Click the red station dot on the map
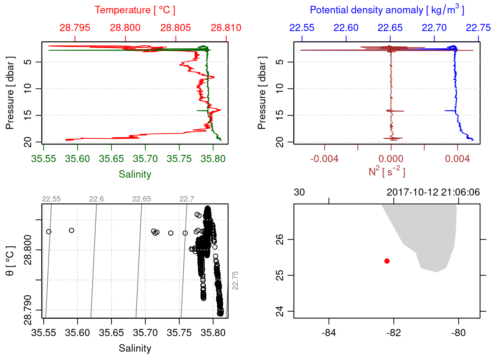click(x=387, y=261)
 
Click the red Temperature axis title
click(x=135, y=10)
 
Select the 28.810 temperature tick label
click(x=226, y=28)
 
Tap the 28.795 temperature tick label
click(x=75, y=28)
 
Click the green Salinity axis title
click(x=135, y=174)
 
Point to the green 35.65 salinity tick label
click(x=111, y=159)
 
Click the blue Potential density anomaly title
click(x=387, y=10)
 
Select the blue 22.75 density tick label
click(x=478, y=28)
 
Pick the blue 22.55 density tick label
click(x=302, y=28)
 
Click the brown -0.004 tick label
click(x=324, y=159)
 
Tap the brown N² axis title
click(x=387, y=171)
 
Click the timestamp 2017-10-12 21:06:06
click(x=433, y=192)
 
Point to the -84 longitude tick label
click(x=329, y=333)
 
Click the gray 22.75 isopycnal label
click(x=235, y=280)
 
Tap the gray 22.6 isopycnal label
click(x=96, y=199)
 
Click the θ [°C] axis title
click(x=10, y=261)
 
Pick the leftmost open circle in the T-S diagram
click(x=49, y=232)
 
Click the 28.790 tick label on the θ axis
click(x=28, y=310)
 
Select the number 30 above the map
click(x=299, y=192)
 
